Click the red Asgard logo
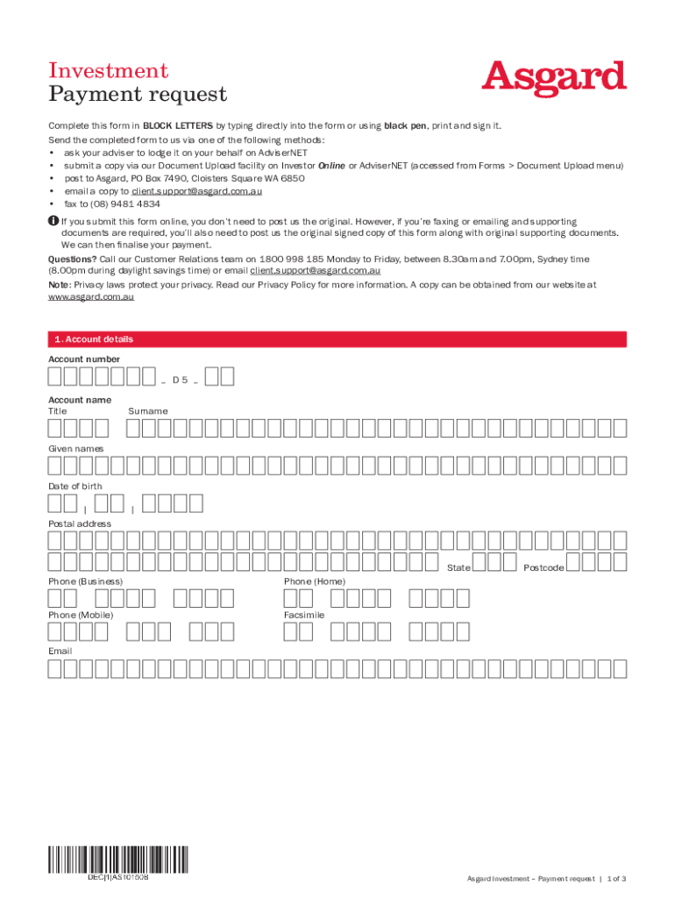pos(554,80)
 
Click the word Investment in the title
pos(109,70)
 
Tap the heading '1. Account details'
pos(94,339)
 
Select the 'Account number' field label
pos(84,359)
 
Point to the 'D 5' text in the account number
pos(180,380)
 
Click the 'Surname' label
pos(148,410)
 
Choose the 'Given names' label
pos(75,448)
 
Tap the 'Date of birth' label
pos(75,486)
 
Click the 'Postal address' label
pos(80,524)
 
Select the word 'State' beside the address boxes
pos(458,567)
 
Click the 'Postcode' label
pos(544,567)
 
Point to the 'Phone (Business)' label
pos(85,581)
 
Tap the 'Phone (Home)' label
pos(315,581)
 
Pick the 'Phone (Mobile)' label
pos(81,616)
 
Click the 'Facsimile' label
pos(304,616)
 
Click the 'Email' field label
pos(60,652)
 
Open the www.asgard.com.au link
pos(91,297)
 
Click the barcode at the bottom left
pos(117,862)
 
